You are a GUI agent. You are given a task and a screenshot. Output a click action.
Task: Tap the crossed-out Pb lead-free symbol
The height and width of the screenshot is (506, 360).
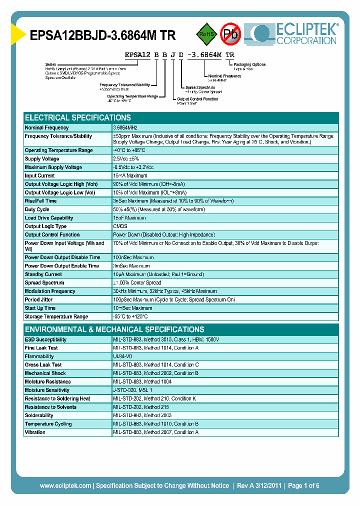click(x=231, y=34)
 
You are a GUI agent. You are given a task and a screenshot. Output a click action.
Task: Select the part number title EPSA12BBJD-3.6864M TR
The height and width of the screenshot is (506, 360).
click(x=103, y=35)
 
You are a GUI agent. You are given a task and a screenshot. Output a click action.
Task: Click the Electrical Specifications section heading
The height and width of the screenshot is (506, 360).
click(x=78, y=118)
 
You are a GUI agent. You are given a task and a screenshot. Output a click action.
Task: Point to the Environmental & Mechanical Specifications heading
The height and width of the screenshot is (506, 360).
click(x=114, y=329)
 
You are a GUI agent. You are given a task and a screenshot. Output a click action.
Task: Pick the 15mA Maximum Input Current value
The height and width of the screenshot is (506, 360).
click(x=130, y=176)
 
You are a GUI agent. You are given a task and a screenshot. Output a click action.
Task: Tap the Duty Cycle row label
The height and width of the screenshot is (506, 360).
click(x=37, y=209)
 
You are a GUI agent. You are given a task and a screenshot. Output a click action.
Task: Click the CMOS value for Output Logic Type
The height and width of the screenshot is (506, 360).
click(x=120, y=226)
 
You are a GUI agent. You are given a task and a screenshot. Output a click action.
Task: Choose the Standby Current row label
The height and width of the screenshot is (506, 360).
click(x=43, y=274)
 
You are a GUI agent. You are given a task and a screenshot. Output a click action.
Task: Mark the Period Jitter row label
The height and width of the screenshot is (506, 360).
click(x=39, y=300)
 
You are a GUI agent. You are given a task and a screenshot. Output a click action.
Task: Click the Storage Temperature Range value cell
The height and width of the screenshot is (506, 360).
click(x=130, y=317)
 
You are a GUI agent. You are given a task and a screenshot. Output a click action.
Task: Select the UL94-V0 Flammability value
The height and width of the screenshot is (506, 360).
click(x=122, y=356)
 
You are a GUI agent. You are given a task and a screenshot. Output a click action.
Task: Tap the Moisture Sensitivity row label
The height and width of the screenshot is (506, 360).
click(x=46, y=390)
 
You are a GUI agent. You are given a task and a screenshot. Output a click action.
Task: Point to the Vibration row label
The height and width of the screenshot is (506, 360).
click(x=35, y=432)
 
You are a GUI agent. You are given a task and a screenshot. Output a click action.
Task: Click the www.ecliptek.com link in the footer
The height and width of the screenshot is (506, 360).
click(x=65, y=485)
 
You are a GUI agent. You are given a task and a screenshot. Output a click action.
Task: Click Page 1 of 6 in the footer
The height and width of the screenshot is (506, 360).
click(x=303, y=485)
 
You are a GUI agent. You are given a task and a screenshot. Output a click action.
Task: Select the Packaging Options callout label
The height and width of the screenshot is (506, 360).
click(x=250, y=65)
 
